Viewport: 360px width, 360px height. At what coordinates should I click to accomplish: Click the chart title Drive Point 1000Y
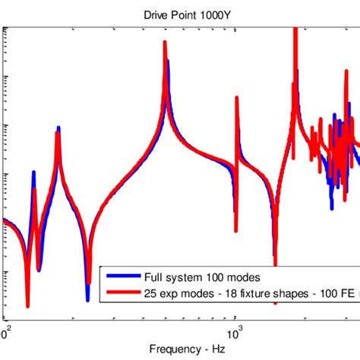point(180,14)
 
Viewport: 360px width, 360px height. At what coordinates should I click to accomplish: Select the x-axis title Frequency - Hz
point(180,350)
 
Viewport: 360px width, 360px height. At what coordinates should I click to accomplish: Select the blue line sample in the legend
point(122,276)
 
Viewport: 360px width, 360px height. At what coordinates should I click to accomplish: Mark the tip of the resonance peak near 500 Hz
point(165,43)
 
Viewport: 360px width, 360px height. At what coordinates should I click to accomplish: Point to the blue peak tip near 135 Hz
point(33,173)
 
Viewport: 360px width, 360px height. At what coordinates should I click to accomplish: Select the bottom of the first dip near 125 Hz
point(27,305)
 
